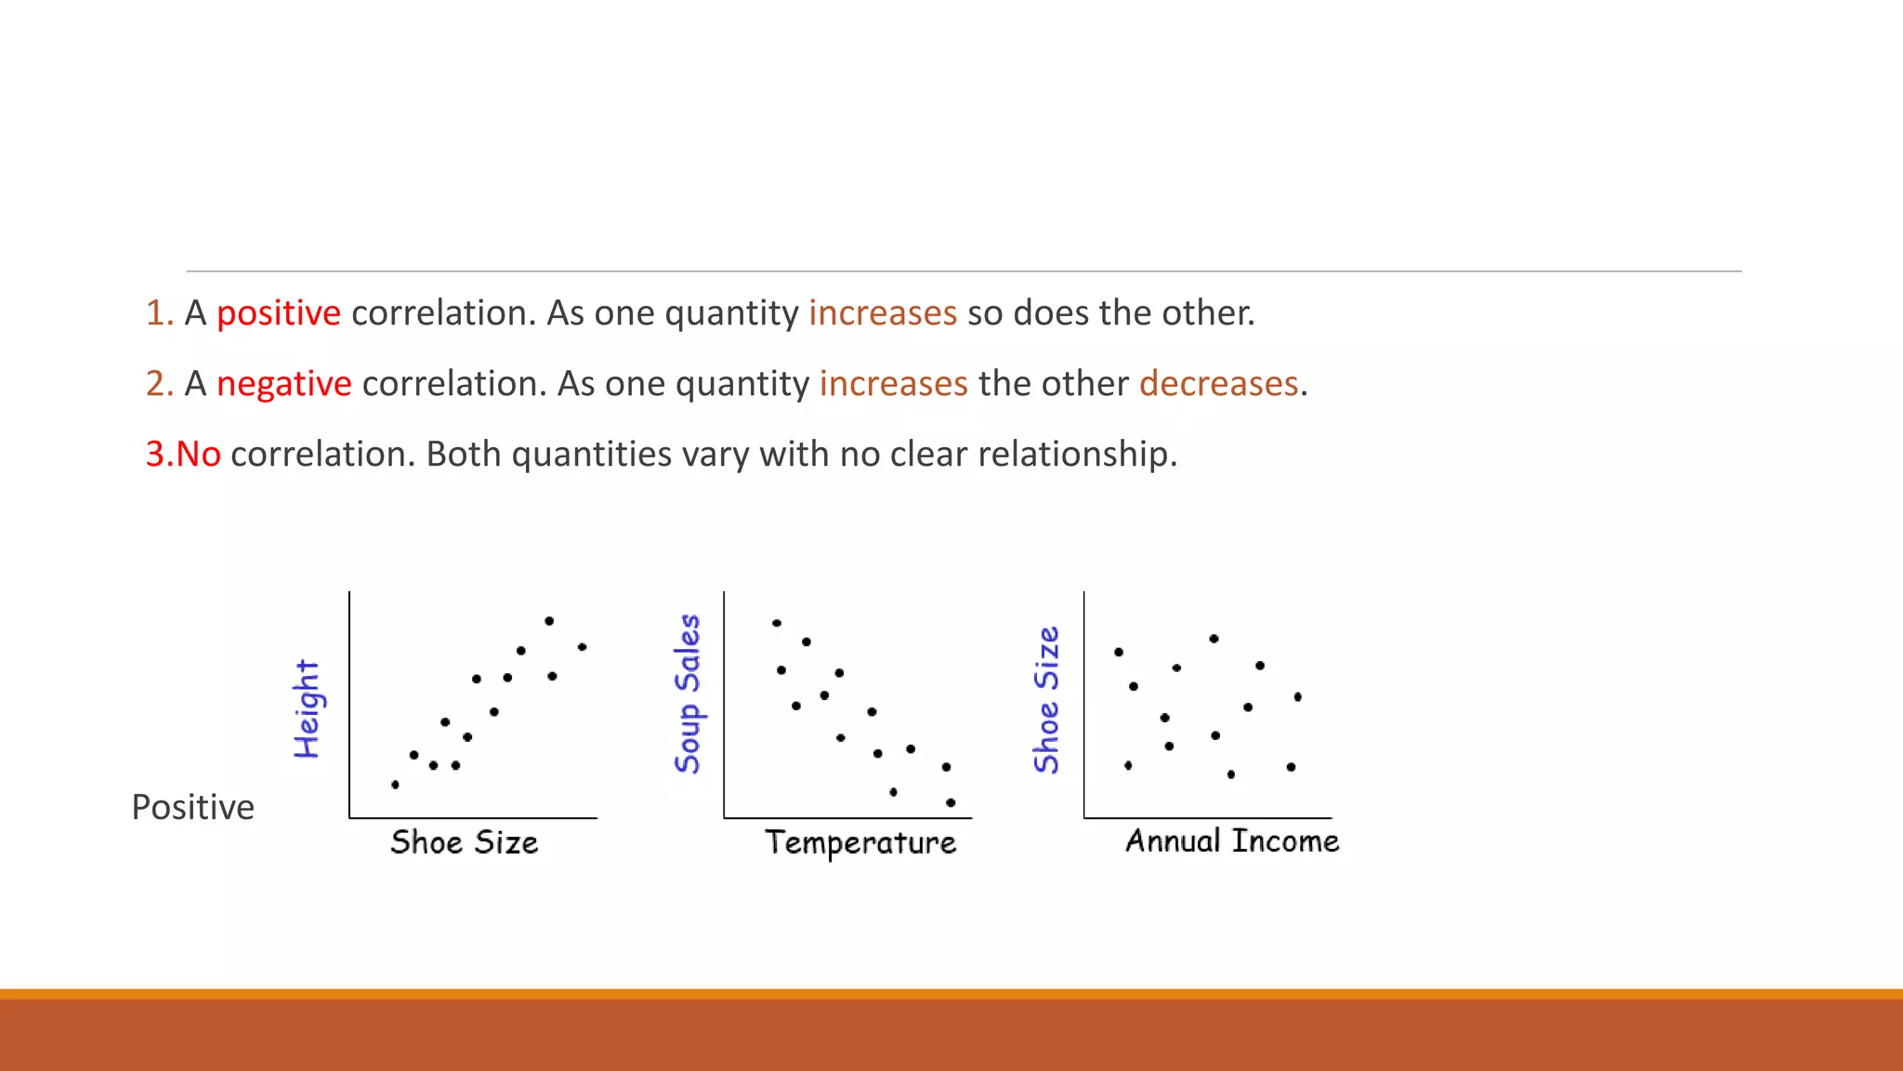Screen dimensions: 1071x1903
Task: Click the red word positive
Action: tap(278, 313)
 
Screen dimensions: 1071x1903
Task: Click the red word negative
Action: tap(283, 384)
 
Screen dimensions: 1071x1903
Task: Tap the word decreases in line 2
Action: tap(1218, 384)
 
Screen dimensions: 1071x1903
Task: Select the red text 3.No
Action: tap(183, 455)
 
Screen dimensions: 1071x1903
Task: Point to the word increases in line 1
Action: tap(882, 313)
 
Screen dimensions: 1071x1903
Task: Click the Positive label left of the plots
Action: tap(192, 807)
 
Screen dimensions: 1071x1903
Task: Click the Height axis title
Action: tap(307, 709)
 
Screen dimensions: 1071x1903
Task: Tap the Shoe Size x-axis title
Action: tap(464, 842)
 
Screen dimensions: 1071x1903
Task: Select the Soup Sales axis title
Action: tap(688, 694)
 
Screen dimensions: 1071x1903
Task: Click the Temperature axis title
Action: tap(860, 842)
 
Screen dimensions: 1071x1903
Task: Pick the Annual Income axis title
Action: tap(1232, 841)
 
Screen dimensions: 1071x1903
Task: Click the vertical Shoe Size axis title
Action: tap(1046, 700)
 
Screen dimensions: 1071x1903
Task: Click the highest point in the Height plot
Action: tap(549, 621)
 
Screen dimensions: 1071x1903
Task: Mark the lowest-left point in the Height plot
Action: tap(395, 785)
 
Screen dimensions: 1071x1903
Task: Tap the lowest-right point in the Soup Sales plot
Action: tap(951, 802)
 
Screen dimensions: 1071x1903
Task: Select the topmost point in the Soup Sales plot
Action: tap(777, 623)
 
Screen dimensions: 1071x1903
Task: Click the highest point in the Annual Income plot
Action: tap(1214, 639)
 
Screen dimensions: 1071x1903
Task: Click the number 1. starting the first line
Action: tap(159, 313)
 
